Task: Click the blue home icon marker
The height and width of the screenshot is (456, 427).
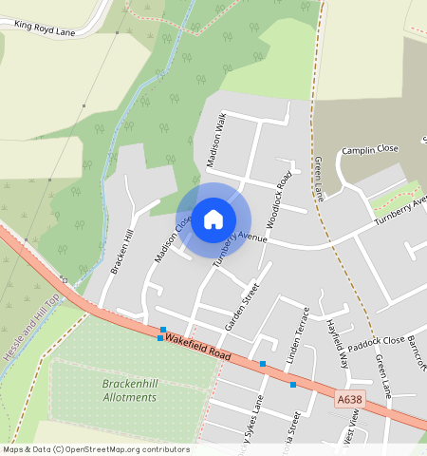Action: (213, 219)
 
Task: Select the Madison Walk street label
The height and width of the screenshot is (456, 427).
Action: (215, 140)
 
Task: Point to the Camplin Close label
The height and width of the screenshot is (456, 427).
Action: (370, 149)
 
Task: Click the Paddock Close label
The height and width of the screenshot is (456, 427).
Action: (376, 341)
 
